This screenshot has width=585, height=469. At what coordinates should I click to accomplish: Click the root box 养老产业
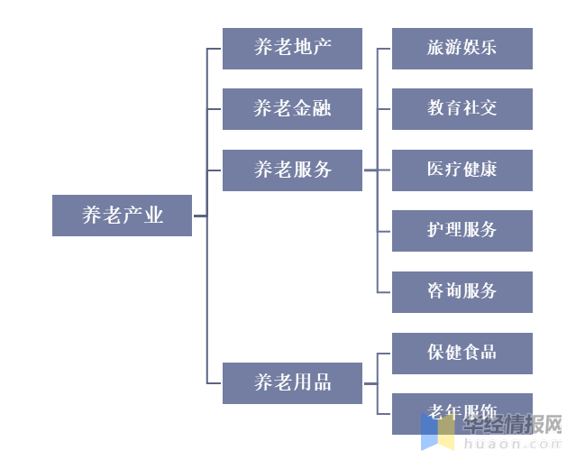click(122, 216)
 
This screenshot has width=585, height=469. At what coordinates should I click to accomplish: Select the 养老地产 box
click(292, 48)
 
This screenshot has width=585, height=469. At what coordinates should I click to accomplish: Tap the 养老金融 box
click(292, 109)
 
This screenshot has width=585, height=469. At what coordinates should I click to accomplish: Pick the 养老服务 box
click(292, 170)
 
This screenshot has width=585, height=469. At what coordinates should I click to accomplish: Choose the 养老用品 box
click(292, 382)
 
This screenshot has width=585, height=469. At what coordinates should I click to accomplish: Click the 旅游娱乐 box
click(462, 48)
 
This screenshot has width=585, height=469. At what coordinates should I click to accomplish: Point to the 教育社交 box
click(462, 109)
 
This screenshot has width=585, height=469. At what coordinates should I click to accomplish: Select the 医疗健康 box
click(462, 170)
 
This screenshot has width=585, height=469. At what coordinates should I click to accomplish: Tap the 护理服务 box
click(462, 230)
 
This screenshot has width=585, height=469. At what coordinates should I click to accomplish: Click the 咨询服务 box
click(462, 291)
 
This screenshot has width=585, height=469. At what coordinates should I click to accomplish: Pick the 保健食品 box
click(462, 353)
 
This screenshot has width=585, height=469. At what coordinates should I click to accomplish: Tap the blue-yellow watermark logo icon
click(438, 431)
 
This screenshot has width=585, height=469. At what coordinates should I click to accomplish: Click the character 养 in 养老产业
click(92, 216)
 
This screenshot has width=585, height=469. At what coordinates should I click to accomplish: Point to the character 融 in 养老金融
click(322, 109)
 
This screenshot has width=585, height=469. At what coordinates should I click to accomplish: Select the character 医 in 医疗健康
click(435, 170)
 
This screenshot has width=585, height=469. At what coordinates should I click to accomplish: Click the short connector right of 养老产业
click(199, 216)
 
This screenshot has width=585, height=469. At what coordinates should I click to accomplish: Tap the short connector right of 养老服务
click(370, 170)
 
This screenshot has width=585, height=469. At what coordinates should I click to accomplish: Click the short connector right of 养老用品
click(370, 382)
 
